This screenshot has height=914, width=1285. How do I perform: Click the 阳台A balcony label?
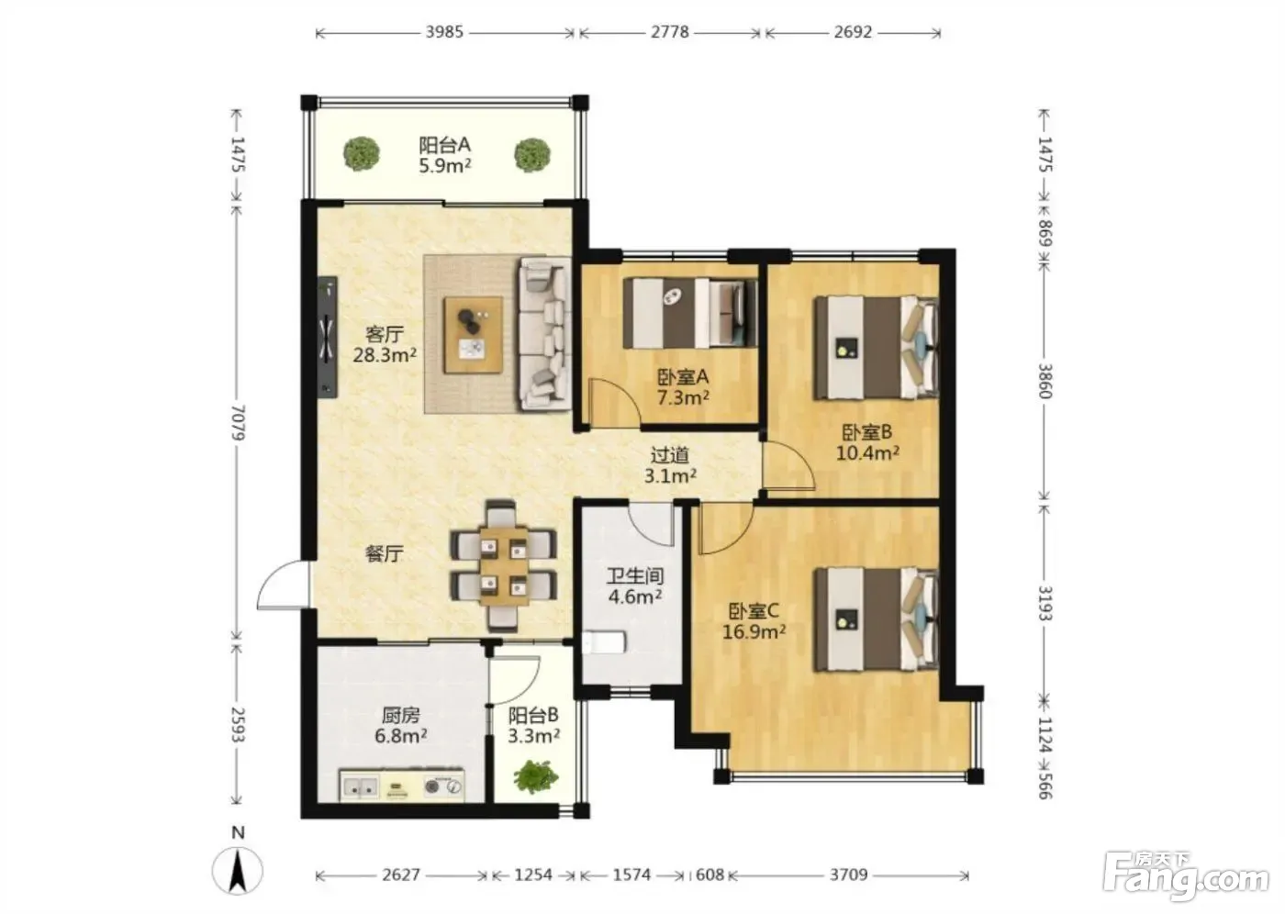click(444, 144)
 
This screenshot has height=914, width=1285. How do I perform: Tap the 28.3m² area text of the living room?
click(385, 355)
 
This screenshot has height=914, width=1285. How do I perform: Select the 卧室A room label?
click(683, 377)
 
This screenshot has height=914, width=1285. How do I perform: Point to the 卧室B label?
click(866, 432)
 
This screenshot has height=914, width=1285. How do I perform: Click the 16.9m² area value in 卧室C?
click(754, 632)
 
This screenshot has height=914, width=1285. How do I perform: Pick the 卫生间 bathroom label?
click(635, 575)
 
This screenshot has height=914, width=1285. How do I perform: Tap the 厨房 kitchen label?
click(401, 715)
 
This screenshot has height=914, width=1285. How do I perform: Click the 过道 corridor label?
click(669, 455)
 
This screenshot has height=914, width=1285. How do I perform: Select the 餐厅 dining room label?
click(385, 553)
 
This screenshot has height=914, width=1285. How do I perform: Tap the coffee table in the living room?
click(474, 335)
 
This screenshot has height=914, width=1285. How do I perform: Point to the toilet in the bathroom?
click(604, 642)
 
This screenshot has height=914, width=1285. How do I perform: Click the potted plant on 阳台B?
click(536, 777)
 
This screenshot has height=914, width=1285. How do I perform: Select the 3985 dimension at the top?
click(444, 32)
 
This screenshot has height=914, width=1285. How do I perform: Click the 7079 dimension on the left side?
click(238, 423)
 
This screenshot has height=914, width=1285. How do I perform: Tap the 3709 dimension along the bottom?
click(848, 875)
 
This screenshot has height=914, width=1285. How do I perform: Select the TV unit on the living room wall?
click(328, 337)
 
